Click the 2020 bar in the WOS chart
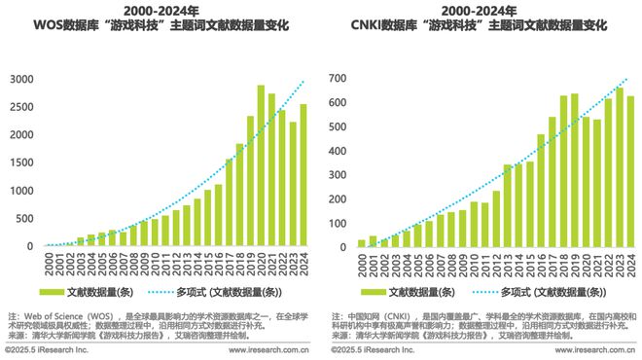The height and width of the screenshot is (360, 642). tap(261, 166)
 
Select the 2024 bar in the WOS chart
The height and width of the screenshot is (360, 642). tap(304, 175)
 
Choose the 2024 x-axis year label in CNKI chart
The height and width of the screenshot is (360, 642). tap(630, 264)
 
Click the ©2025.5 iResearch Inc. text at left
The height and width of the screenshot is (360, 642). tap(47, 348)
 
